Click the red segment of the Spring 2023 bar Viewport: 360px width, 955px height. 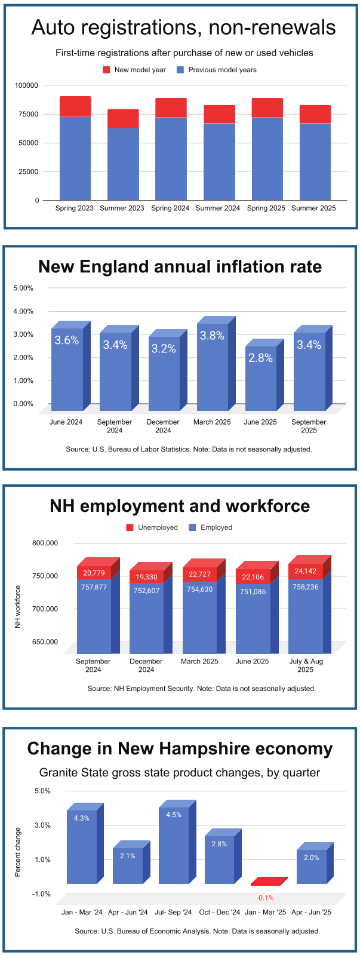tap(75, 106)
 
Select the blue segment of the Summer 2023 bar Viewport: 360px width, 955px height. tap(123, 164)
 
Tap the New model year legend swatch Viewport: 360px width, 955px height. tap(106, 70)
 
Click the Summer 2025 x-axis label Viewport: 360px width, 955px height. tap(313, 208)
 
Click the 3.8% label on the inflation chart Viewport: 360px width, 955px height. tap(212, 336)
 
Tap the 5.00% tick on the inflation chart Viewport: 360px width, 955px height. tap(23, 288)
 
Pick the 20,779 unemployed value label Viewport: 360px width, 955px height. tap(94, 573)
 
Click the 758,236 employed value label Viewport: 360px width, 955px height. tap(306, 587)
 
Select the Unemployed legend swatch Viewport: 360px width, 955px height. tap(130, 527)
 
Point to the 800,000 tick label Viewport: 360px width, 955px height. tap(45, 543)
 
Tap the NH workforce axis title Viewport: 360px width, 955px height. tap(18, 606)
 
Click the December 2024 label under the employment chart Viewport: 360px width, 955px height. tap(146, 665)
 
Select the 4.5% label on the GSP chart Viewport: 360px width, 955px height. tap(174, 815)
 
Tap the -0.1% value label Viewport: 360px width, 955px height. tap(265, 898)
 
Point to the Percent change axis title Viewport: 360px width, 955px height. tap(18, 852)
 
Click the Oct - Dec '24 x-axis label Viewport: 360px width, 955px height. tap(220, 912)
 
